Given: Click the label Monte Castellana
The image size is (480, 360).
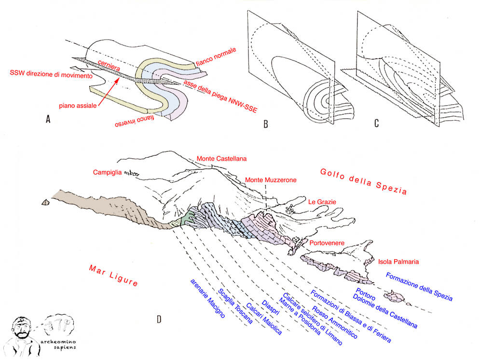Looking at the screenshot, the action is [221, 159].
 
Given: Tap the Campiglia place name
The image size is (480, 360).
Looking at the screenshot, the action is [107, 172].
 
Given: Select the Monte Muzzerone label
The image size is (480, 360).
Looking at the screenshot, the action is [271, 180].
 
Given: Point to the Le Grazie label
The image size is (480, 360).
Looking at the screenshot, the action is [322, 202].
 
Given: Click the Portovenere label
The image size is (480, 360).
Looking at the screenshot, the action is [327, 243].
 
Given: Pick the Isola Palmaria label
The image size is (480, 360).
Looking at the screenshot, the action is [398, 262].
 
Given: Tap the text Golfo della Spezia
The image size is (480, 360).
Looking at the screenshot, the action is [364, 181].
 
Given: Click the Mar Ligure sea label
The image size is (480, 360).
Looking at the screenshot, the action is [113, 275].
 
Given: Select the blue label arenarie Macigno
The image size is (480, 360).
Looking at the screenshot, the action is [208, 298].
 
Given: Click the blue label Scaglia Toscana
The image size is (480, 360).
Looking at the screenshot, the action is [235, 306].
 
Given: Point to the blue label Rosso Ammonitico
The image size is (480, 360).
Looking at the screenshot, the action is [334, 322].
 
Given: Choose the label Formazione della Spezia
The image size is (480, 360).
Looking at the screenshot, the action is [419, 287].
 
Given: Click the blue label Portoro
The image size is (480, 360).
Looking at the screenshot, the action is [366, 294].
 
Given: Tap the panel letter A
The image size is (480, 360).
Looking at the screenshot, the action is [48, 119].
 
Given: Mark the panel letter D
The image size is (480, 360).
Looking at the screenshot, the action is [159, 319].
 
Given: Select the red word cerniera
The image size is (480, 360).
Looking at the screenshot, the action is [109, 66].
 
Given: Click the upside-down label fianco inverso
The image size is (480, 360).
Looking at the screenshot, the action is [135, 121].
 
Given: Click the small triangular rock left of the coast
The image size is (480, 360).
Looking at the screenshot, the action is [46, 202].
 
